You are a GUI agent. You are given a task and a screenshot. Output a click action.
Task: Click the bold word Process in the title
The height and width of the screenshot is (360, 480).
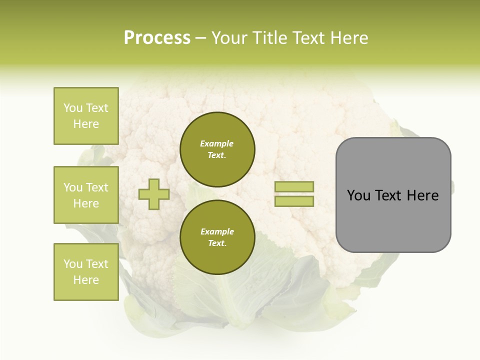157,37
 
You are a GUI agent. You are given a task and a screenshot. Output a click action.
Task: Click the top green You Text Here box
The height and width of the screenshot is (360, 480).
86,116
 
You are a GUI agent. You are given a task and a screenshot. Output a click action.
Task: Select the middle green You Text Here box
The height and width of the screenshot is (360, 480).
86,195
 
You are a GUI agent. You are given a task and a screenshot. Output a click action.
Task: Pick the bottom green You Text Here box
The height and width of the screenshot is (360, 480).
86,272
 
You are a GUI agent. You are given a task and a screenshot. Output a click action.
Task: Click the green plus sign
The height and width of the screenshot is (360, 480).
154,194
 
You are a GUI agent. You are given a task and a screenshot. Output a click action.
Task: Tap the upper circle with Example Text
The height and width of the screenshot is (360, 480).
217,149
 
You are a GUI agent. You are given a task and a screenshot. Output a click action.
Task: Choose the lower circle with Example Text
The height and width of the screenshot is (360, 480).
217,237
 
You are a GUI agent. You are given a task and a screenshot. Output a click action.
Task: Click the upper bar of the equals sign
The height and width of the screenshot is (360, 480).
294,186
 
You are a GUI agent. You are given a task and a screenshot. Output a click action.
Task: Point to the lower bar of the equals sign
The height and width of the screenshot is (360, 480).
294,201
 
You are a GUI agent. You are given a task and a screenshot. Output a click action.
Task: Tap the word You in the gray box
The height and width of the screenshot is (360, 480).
358,195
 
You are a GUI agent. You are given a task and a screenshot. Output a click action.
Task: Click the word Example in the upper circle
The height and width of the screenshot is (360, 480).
216,143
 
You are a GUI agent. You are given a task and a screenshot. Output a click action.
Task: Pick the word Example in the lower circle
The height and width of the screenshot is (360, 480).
217,231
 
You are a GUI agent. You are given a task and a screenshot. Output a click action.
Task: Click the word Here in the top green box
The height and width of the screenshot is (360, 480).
86,124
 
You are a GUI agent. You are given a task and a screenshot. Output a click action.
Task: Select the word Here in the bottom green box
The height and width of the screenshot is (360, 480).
86,280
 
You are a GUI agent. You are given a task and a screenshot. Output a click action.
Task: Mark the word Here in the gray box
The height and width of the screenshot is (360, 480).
422,195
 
